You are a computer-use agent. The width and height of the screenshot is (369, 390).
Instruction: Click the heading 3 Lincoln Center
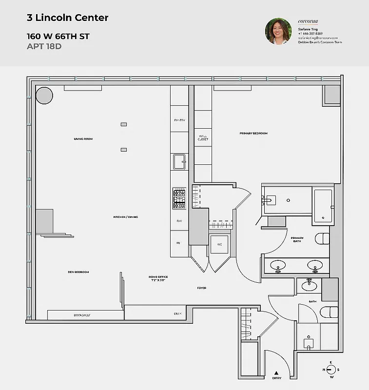[67, 18]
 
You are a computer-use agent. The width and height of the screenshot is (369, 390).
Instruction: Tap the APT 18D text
[44, 47]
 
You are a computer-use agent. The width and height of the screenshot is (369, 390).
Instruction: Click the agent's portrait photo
[278, 31]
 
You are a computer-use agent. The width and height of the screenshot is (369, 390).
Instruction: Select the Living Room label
[83, 139]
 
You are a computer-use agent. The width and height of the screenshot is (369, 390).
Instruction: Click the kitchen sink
[179, 160]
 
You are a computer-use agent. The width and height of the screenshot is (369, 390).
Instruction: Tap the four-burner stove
[179, 199]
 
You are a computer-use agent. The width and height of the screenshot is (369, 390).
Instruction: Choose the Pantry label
[179, 120]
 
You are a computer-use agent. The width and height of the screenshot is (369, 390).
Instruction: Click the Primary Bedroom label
[253, 133]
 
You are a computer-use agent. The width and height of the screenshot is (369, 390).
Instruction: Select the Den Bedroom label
[78, 272]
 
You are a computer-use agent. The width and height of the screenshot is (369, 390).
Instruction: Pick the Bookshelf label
[82, 315]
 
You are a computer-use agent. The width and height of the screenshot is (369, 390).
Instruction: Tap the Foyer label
[201, 288]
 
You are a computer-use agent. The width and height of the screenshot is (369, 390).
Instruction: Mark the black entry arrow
[277, 373]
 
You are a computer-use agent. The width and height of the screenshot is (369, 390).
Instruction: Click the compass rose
[331, 370]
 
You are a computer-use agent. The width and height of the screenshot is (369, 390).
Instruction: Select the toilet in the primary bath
[323, 238]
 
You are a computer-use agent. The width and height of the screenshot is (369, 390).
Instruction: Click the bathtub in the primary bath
[323, 205]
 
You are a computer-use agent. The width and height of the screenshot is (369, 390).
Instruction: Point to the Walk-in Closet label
[203, 138]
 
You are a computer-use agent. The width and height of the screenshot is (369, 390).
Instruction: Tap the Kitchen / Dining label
[126, 217]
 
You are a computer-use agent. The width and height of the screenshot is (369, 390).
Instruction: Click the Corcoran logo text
[307, 21]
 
